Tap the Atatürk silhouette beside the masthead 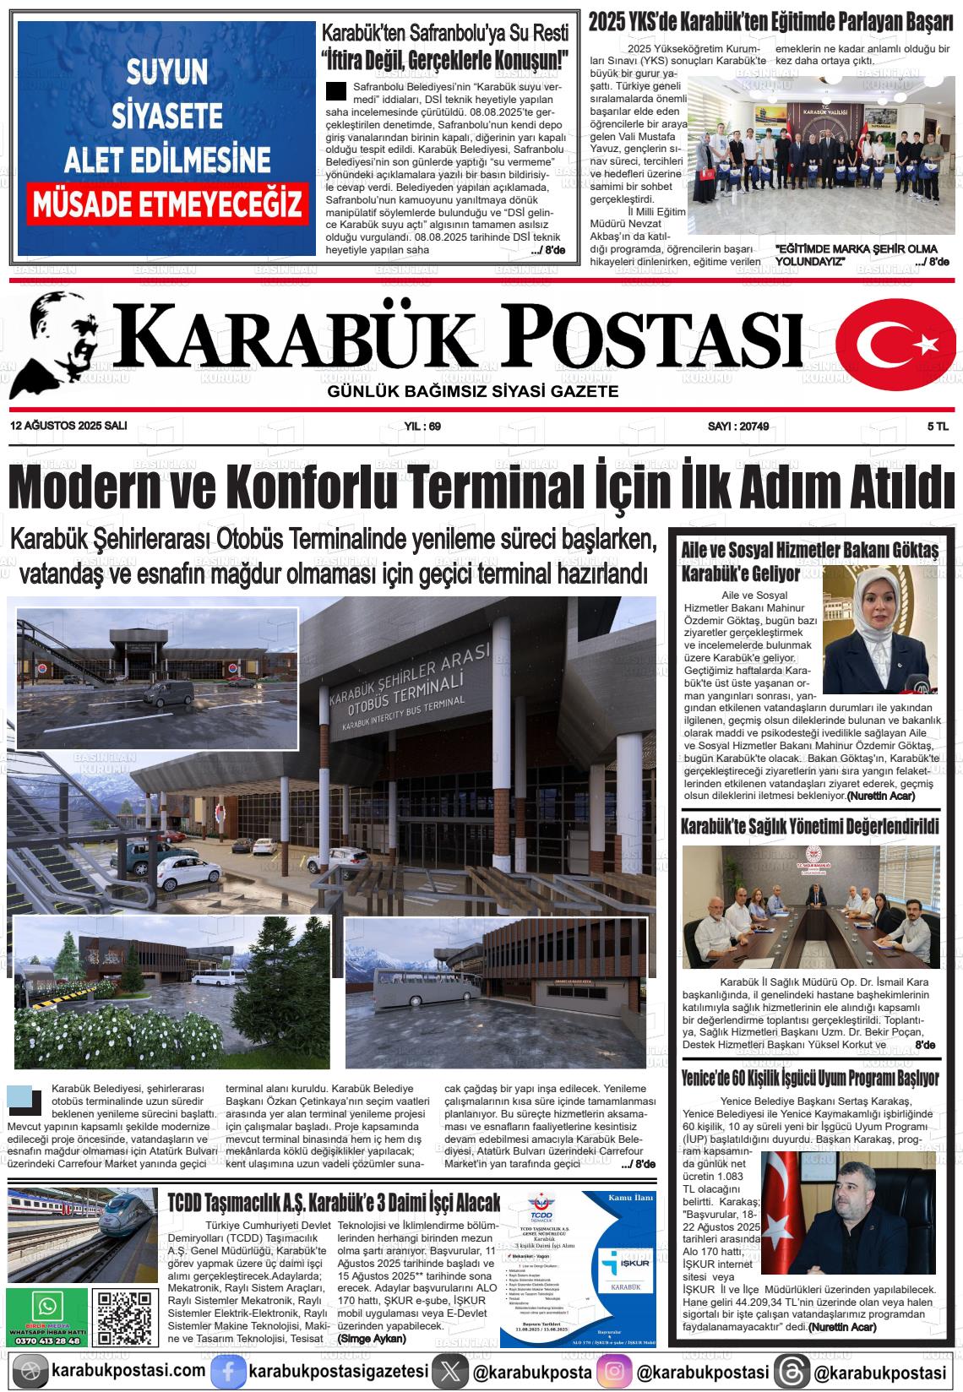(61, 342)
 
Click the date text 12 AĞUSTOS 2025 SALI (68, 427)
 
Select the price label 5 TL (937, 427)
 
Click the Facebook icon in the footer (227, 1372)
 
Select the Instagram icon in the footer (614, 1372)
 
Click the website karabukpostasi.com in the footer (128, 1372)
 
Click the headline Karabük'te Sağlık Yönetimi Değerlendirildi (809, 826)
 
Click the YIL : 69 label (423, 427)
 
